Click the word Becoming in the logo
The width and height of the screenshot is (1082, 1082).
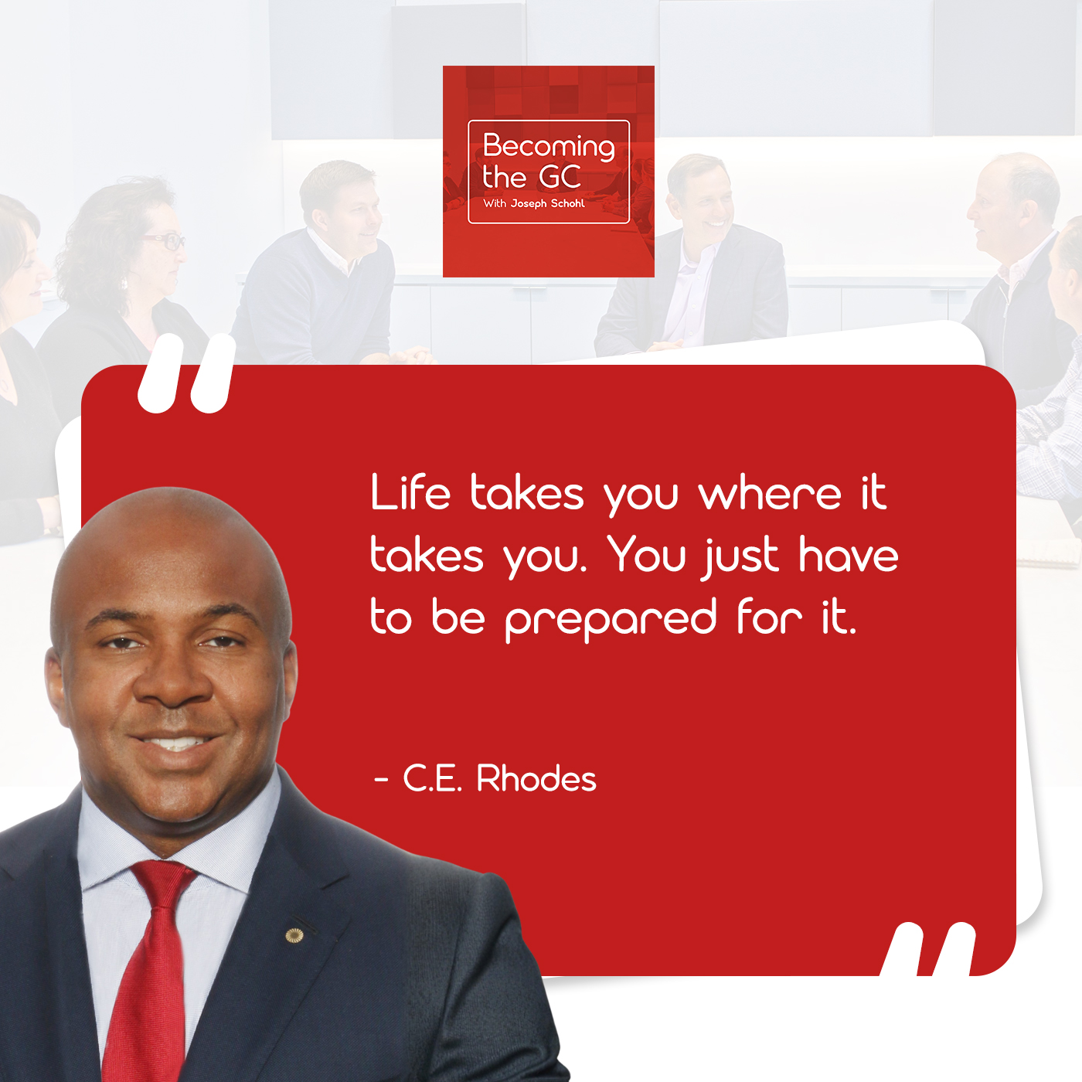pyautogui.click(x=549, y=147)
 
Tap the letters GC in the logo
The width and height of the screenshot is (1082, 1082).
pyautogui.click(x=560, y=177)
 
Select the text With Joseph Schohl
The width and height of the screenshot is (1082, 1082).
pyautogui.click(x=533, y=203)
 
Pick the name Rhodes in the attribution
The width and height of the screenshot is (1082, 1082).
pyautogui.click(x=536, y=778)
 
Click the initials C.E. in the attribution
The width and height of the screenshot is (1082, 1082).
pyautogui.click(x=433, y=778)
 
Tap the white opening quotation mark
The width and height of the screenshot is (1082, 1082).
pyautogui.click(x=186, y=373)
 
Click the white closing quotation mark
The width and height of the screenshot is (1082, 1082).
pyautogui.click(x=928, y=948)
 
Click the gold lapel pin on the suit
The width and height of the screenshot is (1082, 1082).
pyautogui.click(x=294, y=935)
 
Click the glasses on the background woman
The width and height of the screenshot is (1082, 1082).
pyautogui.click(x=164, y=241)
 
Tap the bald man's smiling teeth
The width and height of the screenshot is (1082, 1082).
pyautogui.click(x=175, y=743)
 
